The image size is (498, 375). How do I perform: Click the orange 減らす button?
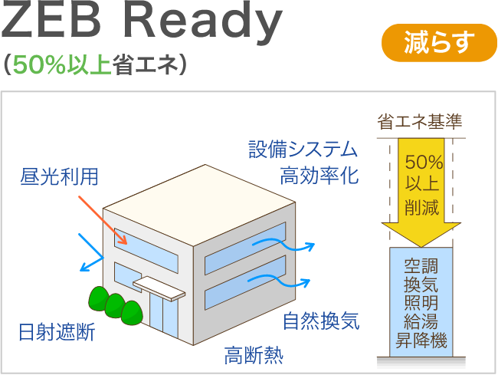[x=439, y=43]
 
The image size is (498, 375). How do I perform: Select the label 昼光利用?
[x=59, y=178]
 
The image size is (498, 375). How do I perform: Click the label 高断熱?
[x=254, y=355]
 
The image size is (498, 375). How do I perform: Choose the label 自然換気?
[x=321, y=320]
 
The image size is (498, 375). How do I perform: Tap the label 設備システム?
[x=303, y=149]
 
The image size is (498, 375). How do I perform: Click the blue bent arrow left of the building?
[x=93, y=253]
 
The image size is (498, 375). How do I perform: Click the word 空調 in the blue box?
[x=421, y=268]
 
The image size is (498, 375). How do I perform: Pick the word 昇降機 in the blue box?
[x=421, y=340]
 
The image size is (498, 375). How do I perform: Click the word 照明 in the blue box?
[x=421, y=304]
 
